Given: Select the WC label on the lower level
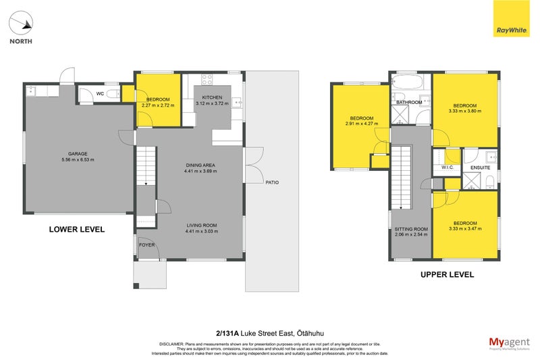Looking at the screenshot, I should click(x=99, y=94).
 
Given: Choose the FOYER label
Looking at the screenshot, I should click(x=146, y=245).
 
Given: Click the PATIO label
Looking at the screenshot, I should click(x=271, y=182).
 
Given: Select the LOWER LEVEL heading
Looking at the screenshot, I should click(x=76, y=229).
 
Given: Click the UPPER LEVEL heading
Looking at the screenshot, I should click(x=447, y=275).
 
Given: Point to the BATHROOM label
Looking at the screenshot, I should click(x=409, y=103).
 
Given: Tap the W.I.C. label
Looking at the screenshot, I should click(x=446, y=168).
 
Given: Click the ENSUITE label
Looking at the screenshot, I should click(x=481, y=168).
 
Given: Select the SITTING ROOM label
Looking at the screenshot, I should click(x=411, y=230).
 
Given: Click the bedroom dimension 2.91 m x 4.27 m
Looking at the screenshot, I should click(x=361, y=124).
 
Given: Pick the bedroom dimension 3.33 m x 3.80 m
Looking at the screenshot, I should click(x=465, y=111).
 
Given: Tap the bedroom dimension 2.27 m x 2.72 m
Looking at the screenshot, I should click(x=159, y=105).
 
